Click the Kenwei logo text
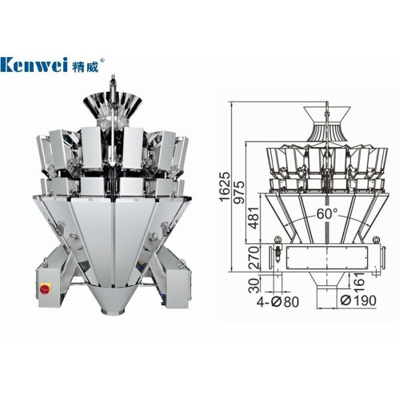[34, 65]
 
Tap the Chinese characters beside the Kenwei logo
[84, 65]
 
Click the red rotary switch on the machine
[45, 289]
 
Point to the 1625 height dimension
[225, 187]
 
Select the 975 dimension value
[239, 192]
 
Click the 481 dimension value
[254, 218]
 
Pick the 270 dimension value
[254, 258]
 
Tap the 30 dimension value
[254, 285]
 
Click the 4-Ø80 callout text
[277, 302]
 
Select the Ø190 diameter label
[358, 301]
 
